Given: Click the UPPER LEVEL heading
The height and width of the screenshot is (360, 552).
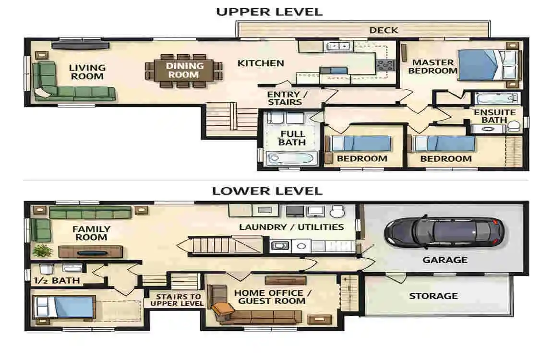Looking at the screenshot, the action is tap(269, 12).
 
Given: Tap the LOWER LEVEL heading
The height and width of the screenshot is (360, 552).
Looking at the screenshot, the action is tap(267, 191).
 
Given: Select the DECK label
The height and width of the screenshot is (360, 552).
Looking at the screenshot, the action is tap(384, 30).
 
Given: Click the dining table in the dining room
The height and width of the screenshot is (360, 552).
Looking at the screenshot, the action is tap(183, 71).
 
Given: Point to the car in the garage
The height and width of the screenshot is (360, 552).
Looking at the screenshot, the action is tap(444, 232).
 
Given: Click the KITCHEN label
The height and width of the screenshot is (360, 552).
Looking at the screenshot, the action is tap(261, 63).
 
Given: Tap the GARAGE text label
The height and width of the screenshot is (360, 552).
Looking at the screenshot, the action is tap(445, 260).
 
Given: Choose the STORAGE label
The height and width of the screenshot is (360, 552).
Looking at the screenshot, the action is tap(433, 296).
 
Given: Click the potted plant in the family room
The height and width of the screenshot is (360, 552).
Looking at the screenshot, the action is tap(42, 250).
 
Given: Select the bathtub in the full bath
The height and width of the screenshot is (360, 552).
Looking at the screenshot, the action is tap(291, 158).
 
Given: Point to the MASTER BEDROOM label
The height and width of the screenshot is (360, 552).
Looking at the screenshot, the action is tap(432, 67).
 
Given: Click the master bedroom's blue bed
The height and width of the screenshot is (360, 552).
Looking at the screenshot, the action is tap(488, 65).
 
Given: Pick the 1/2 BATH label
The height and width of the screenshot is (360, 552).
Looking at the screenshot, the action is tap(57, 280).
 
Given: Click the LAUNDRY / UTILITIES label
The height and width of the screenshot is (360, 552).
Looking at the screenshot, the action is tap(291, 227).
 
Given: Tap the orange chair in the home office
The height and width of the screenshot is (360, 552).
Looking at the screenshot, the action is tap(222, 309).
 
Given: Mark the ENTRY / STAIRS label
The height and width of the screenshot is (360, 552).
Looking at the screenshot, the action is tap(287, 98).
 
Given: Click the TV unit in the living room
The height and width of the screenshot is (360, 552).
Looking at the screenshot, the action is tap(80, 46).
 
